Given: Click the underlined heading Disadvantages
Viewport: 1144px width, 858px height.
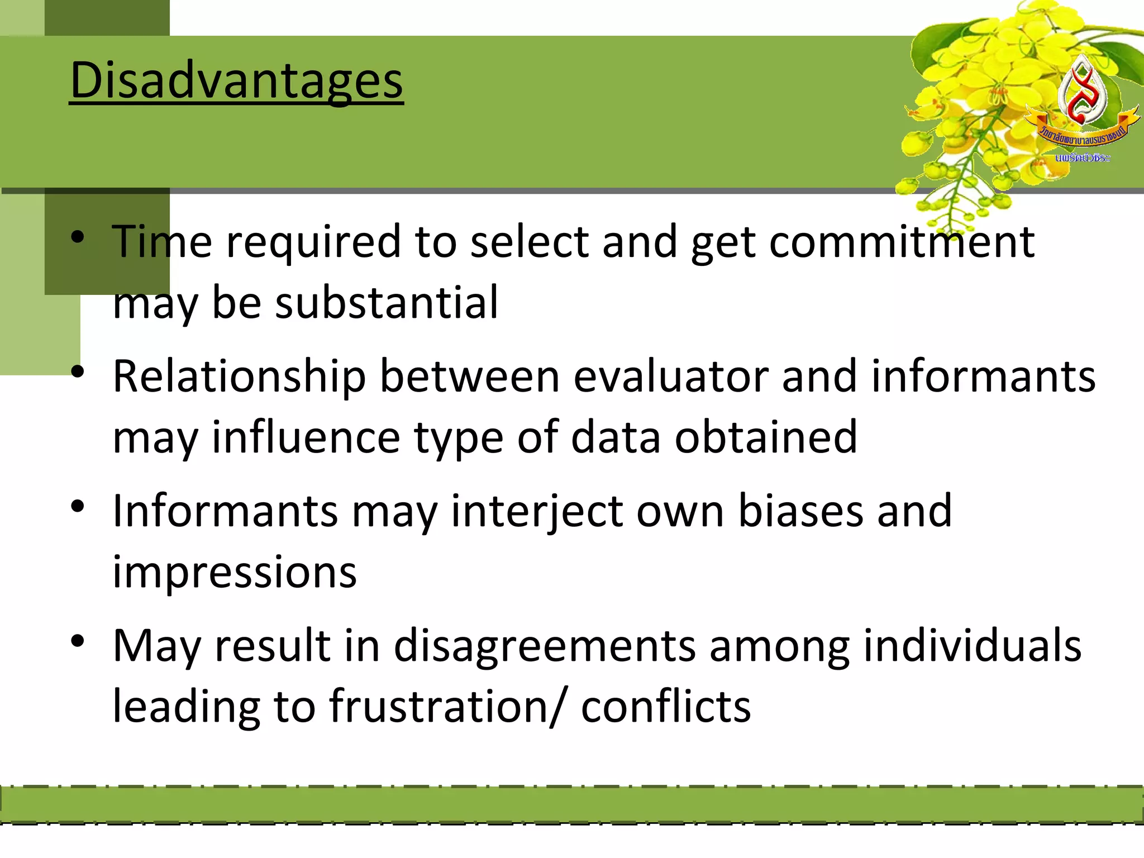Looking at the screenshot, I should (236, 81).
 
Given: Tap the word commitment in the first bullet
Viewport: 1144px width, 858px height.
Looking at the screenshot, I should (902, 242).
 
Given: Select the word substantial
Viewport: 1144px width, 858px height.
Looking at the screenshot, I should (386, 302).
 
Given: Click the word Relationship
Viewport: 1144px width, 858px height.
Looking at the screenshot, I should (239, 376).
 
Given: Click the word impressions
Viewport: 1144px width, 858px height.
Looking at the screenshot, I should (235, 572).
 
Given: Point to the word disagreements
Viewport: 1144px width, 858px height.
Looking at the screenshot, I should (545, 646).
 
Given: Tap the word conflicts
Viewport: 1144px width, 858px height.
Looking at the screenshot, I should (666, 707).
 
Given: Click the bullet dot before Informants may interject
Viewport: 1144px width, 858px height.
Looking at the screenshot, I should (78, 507).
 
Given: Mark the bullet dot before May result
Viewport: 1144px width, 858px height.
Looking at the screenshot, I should (78, 641).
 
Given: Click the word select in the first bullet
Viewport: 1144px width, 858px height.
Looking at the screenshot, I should (530, 242).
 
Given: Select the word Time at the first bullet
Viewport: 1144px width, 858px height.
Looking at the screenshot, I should (162, 242).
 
